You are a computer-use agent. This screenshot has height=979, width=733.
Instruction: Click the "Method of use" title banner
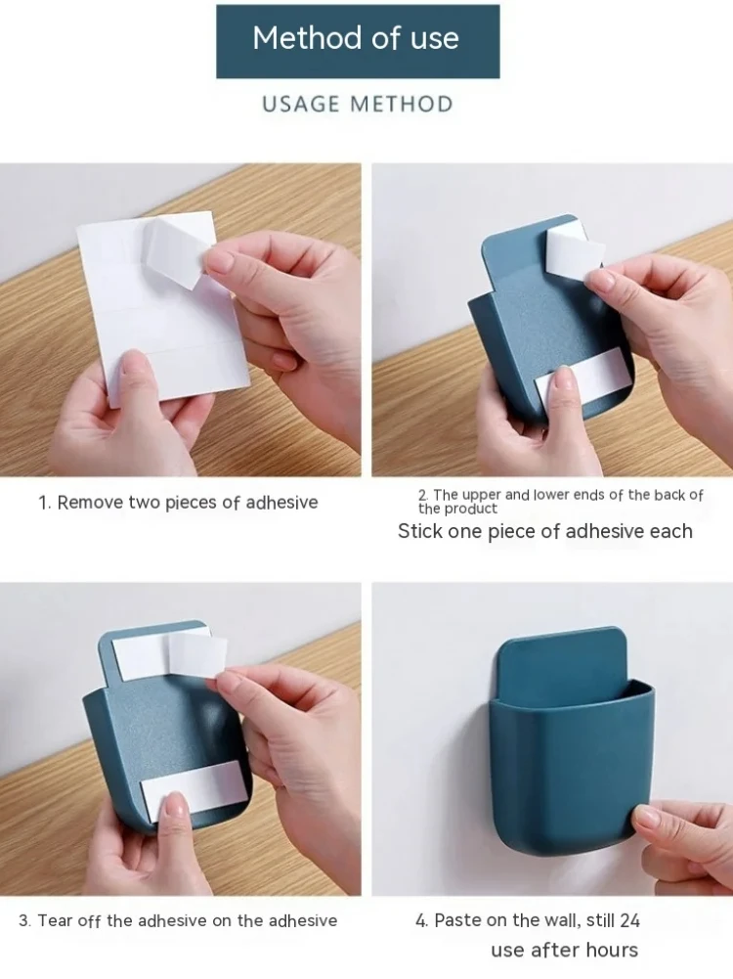[x=357, y=40]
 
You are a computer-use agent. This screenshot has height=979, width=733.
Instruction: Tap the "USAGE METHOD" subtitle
[x=357, y=104]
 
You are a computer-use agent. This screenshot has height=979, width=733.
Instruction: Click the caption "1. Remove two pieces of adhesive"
[x=178, y=503]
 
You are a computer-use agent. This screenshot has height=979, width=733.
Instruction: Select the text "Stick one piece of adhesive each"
[x=544, y=531]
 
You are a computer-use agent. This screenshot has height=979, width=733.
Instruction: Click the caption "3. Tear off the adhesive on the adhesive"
[x=178, y=920]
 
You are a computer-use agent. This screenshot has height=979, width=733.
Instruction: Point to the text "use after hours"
[x=564, y=950]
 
